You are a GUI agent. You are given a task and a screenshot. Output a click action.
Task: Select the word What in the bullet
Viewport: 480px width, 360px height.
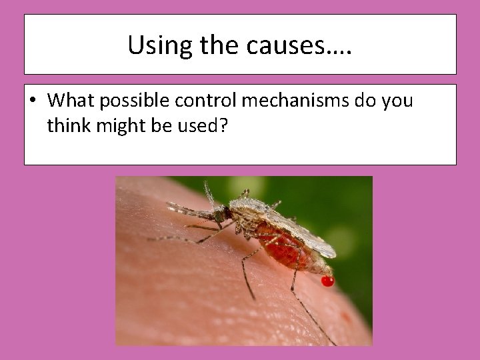tap(68, 101)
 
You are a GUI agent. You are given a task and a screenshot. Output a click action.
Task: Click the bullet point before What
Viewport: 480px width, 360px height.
tap(33, 101)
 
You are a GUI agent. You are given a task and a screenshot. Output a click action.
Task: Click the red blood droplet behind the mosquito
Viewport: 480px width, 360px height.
tap(327, 281)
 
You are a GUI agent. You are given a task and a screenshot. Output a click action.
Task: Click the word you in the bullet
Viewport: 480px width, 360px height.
tap(397, 101)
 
